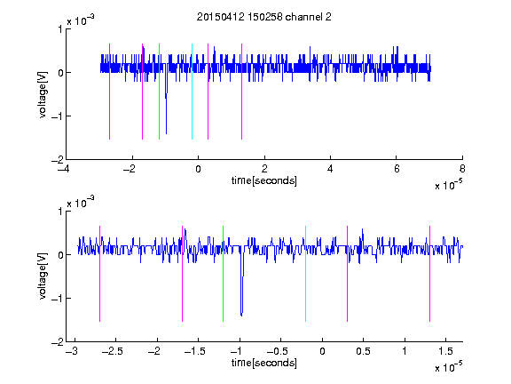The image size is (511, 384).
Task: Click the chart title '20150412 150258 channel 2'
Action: [264, 17]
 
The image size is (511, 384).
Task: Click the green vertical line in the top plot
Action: [159, 92]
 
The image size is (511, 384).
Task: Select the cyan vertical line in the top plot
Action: [192, 92]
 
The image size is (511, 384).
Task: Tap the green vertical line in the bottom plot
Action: [223, 274]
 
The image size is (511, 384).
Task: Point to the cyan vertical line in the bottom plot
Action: [305, 274]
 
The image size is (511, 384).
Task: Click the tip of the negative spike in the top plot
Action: [166, 133]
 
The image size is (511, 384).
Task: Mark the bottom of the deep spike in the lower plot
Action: [241, 316]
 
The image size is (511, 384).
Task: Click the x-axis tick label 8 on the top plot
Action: [462, 169]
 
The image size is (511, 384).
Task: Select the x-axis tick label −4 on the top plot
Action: [64, 169]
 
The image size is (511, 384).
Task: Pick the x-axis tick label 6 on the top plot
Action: [397, 169]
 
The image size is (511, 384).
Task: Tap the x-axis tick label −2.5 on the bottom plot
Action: [113, 351]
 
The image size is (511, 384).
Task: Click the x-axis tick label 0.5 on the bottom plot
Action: [363, 351]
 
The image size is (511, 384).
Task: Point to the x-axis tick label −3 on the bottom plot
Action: [71, 351]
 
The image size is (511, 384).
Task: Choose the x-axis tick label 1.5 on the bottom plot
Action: [445, 351]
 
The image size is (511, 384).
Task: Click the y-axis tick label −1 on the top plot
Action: [57, 116]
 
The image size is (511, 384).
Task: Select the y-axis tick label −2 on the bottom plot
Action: [57, 342]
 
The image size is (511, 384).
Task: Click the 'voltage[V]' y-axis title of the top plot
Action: [43, 94]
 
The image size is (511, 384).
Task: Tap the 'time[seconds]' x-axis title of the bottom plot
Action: [264, 363]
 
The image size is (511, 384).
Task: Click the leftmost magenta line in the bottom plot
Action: [99, 274]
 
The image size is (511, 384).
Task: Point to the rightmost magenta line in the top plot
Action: [241, 92]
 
